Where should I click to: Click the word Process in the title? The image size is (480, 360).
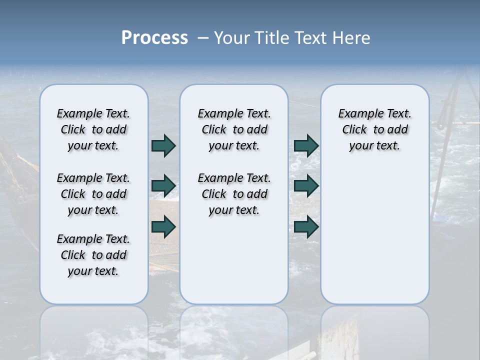pyautogui.click(x=154, y=38)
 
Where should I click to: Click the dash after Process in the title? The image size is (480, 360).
pyautogui.click(x=203, y=38)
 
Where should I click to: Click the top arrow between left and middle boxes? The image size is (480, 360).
pyautogui.click(x=163, y=145)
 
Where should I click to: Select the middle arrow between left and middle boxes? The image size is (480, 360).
pyautogui.click(x=163, y=186)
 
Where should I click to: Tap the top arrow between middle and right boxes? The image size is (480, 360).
pyautogui.click(x=306, y=145)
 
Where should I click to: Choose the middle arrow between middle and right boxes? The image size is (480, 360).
pyautogui.click(x=306, y=186)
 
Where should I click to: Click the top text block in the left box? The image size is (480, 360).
pyautogui.click(x=93, y=129)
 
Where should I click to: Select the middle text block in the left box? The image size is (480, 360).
pyautogui.click(x=93, y=194)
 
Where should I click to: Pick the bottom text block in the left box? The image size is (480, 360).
pyautogui.click(x=93, y=255)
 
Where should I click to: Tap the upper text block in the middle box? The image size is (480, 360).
pyautogui.click(x=234, y=129)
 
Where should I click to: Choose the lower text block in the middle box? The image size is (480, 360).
pyautogui.click(x=234, y=194)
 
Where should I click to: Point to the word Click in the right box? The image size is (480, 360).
pyautogui.click(x=354, y=130)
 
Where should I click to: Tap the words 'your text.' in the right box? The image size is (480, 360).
pyautogui.click(x=374, y=146)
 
